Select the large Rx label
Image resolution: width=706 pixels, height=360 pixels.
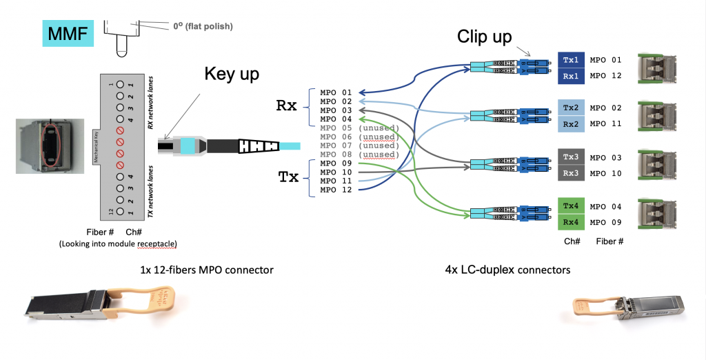tap(286, 106)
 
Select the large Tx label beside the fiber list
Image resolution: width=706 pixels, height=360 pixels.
tap(288, 177)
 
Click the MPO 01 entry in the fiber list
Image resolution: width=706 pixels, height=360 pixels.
tap(336, 92)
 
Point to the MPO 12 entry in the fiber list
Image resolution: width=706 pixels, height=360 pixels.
tap(336, 190)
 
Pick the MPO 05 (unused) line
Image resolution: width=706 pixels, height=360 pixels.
tap(359, 128)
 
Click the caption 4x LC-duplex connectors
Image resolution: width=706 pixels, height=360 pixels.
tap(507, 270)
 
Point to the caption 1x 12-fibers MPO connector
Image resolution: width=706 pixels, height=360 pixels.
tap(204, 269)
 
